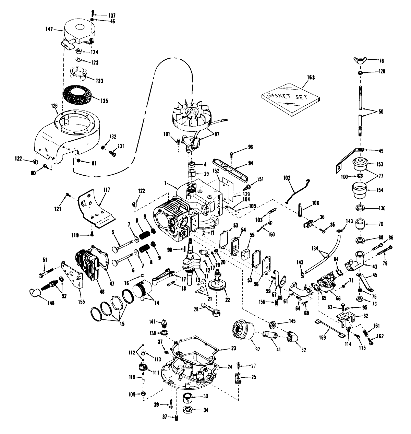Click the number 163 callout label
(311, 78)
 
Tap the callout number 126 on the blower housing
(55, 106)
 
